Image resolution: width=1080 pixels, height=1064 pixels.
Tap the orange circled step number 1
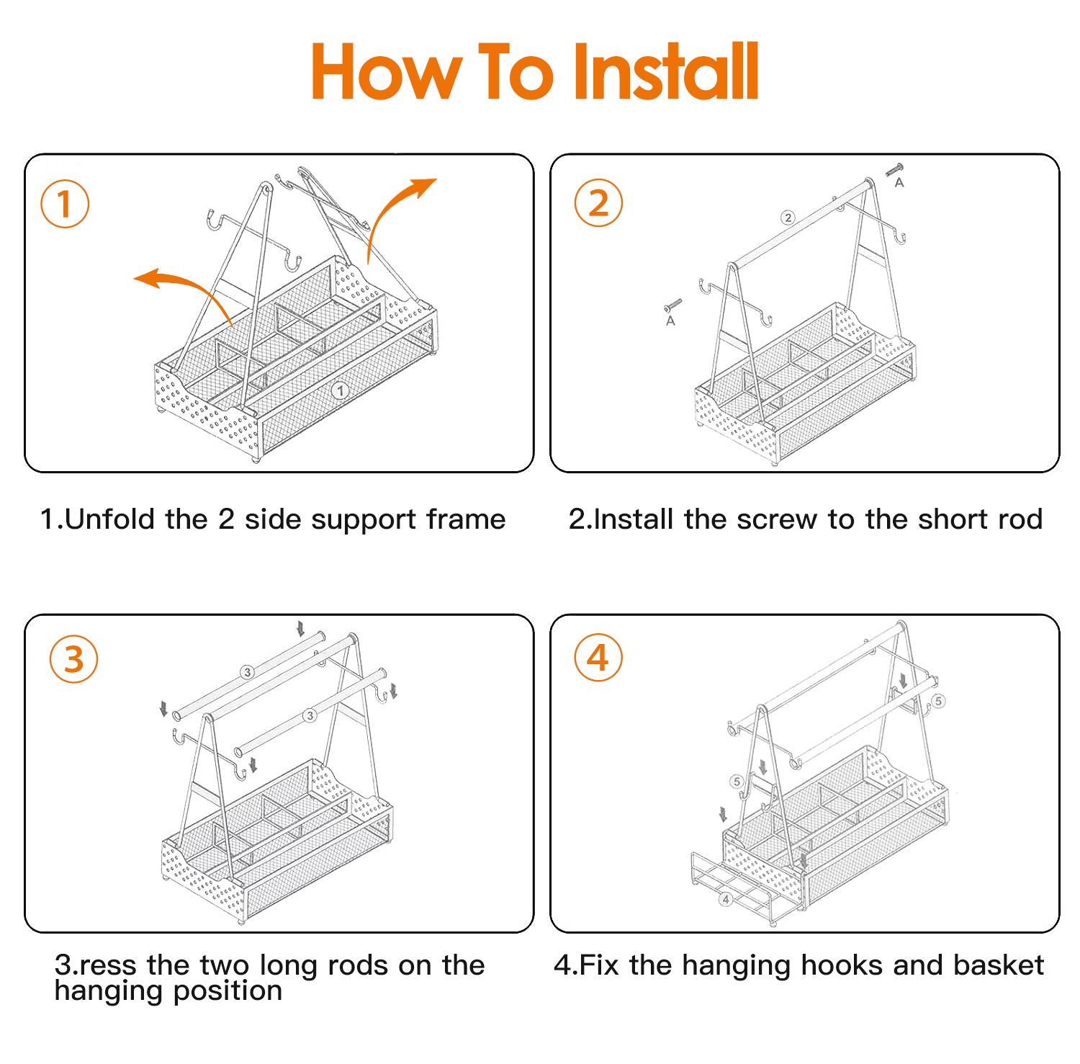(x=65, y=204)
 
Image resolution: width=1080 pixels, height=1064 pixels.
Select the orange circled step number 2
(x=598, y=203)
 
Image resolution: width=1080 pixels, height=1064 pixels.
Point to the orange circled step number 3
(x=74, y=659)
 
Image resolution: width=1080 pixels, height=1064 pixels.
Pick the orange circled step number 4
(x=598, y=658)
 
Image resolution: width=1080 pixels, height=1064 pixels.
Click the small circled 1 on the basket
(x=340, y=390)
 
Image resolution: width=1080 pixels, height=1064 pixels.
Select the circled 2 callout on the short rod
(x=788, y=217)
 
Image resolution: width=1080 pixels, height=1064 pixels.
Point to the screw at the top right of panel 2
(x=894, y=170)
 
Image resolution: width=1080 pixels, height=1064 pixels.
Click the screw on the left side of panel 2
(x=672, y=305)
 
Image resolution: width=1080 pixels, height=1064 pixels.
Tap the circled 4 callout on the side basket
(x=726, y=899)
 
